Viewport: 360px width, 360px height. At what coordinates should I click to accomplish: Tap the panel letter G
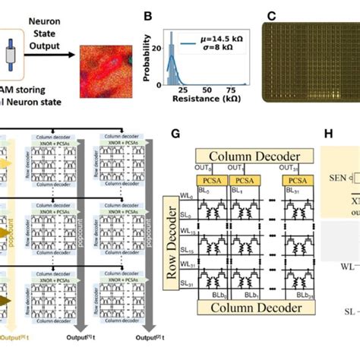coord(175,134)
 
